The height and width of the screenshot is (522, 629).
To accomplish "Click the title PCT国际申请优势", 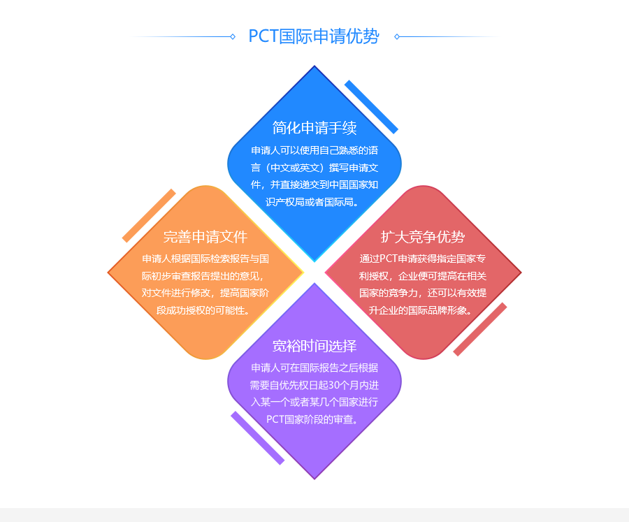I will click(x=314, y=36).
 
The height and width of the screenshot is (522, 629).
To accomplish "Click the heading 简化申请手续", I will click(x=314, y=127).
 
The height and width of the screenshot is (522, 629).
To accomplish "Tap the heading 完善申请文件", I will click(x=205, y=236).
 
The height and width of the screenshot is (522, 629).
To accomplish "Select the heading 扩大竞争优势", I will click(x=423, y=236).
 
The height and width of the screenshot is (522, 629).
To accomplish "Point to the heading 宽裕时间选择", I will click(x=314, y=346).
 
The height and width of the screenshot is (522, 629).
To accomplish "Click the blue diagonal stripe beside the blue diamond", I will click(x=371, y=107).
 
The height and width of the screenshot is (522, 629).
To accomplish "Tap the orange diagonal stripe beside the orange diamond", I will click(x=149, y=215).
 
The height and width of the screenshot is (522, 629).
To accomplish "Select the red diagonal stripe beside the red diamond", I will click(x=480, y=329).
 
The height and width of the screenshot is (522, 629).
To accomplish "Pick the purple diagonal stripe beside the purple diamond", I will click(x=258, y=437).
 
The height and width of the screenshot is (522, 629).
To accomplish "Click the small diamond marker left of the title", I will click(x=233, y=36).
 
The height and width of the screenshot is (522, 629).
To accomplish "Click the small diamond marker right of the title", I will click(x=396, y=36).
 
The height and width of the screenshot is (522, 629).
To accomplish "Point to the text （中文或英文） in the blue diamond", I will click(x=293, y=168).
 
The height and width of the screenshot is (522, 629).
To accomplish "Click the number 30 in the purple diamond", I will click(x=335, y=385).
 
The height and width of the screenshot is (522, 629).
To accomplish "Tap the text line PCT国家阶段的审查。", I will click(x=314, y=420).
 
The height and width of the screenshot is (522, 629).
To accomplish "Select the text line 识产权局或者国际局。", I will click(x=314, y=202).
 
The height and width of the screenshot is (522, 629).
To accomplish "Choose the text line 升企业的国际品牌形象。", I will click(x=423, y=310).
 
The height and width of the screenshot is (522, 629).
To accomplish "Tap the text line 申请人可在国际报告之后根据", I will click(x=314, y=368).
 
